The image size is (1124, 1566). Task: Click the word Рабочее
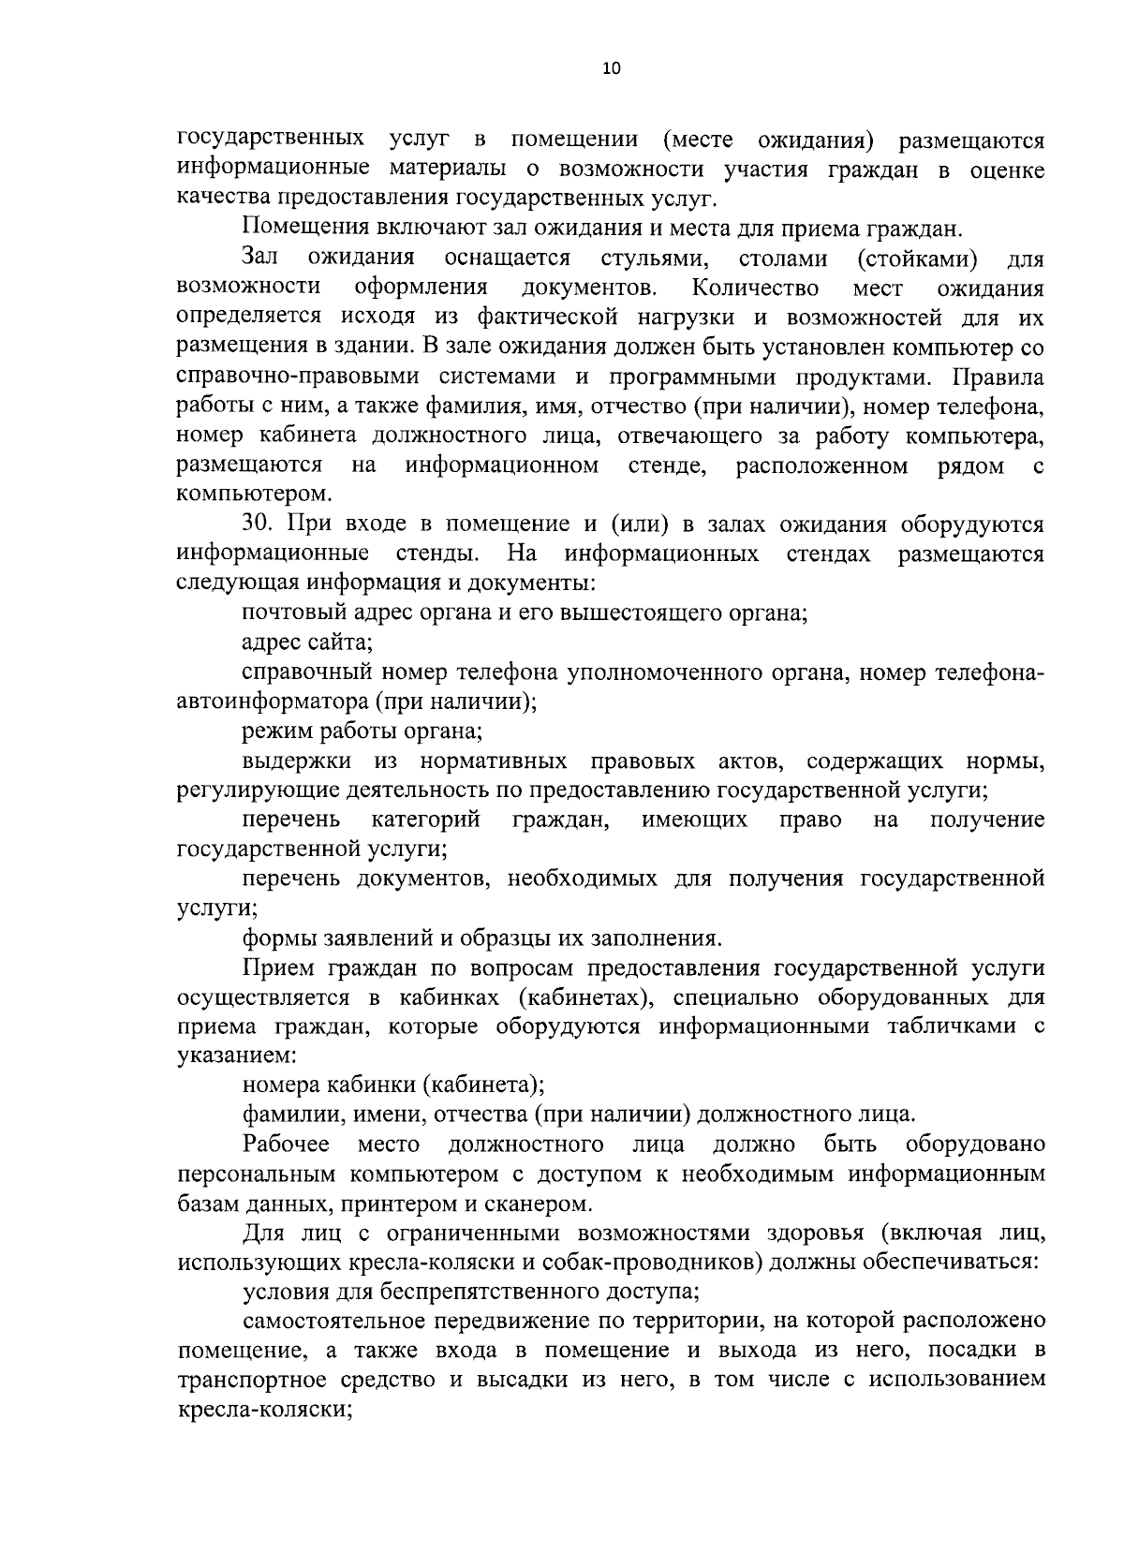[286, 1144]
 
